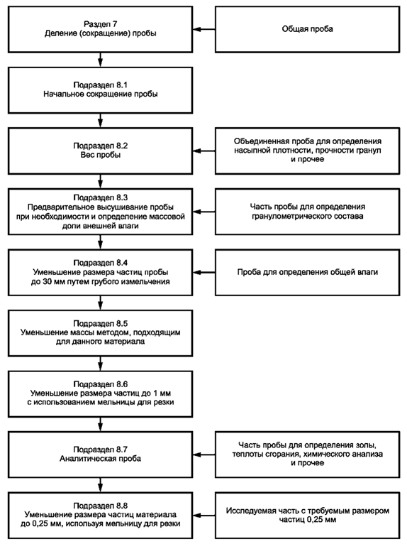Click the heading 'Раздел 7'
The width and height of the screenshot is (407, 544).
point(101,24)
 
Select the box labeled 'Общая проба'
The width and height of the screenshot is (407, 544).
point(307,30)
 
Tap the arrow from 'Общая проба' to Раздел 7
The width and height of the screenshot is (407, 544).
point(204,30)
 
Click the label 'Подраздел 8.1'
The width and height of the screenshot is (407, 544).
point(101,85)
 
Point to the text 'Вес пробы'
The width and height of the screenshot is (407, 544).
point(101,155)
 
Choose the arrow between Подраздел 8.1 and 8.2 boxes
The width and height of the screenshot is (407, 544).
point(101,121)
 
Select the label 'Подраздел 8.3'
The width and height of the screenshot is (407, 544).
point(101,197)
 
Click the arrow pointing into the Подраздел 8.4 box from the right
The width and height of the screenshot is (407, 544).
point(204,272)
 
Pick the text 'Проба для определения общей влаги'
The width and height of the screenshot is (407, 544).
point(307,272)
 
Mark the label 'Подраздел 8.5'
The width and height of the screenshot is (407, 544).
point(101,323)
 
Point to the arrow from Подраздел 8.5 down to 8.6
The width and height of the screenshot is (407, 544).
point(101,364)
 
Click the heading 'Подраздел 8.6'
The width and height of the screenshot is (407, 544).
point(101,384)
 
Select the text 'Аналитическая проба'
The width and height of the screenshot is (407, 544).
point(101,459)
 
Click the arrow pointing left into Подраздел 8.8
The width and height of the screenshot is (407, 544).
point(204,516)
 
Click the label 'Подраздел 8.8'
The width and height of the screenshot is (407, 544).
point(101,506)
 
